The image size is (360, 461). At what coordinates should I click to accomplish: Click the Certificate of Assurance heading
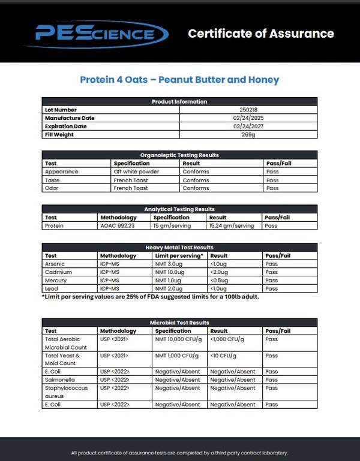click(261, 34)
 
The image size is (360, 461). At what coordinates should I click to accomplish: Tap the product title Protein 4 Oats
click(179, 80)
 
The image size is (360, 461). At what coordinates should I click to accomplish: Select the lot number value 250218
click(248, 110)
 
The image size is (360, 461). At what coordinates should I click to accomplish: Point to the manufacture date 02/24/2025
click(248, 118)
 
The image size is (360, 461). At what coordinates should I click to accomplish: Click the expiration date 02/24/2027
click(248, 126)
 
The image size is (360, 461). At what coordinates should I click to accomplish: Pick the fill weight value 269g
click(248, 135)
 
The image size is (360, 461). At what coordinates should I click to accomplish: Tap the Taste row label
click(52, 180)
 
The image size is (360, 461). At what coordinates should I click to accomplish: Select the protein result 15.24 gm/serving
click(231, 226)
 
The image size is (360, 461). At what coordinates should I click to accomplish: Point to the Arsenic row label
click(55, 264)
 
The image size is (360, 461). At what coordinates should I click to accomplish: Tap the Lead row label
click(51, 289)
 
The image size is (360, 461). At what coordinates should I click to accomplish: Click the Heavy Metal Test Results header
click(179, 247)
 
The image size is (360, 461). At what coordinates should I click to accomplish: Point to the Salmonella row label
click(58, 379)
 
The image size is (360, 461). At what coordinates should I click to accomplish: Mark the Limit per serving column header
click(179, 255)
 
